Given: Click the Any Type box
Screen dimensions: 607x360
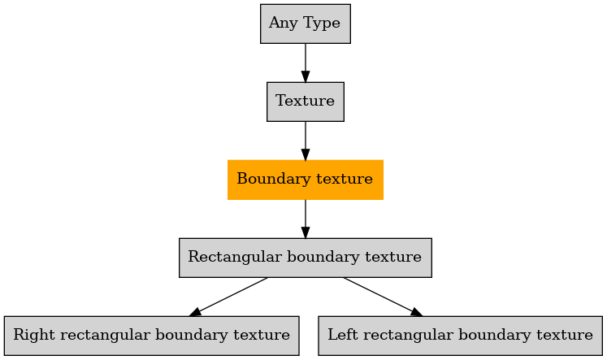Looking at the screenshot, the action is (x=306, y=24).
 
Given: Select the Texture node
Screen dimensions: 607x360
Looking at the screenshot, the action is (x=306, y=102).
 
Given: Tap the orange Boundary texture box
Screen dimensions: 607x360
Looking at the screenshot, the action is (x=306, y=180).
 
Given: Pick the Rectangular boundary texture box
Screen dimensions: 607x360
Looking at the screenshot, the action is (x=306, y=258).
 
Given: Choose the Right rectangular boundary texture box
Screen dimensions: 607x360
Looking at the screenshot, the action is (x=152, y=336).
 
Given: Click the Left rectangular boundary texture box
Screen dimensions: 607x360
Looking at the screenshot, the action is (x=460, y=336).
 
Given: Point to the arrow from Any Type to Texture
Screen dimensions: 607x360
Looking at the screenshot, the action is (x=306, y=63).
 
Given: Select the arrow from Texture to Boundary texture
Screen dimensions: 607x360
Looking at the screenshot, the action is (x=306, y=141).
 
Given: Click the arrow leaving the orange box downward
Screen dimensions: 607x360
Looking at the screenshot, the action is (x=306, y=219).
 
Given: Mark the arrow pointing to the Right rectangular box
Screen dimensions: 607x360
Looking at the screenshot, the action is (x=228, y=297).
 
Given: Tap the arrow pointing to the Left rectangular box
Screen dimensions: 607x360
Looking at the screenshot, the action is (x=383, y=297).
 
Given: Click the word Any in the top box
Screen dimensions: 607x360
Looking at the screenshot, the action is (x=284, y=23).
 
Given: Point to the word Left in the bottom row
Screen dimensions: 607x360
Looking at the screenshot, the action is (x=343, y=335).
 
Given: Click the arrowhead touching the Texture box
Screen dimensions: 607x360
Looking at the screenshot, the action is (x=306, y=76).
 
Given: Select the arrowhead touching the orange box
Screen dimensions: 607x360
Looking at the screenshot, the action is (x=306, y=154).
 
